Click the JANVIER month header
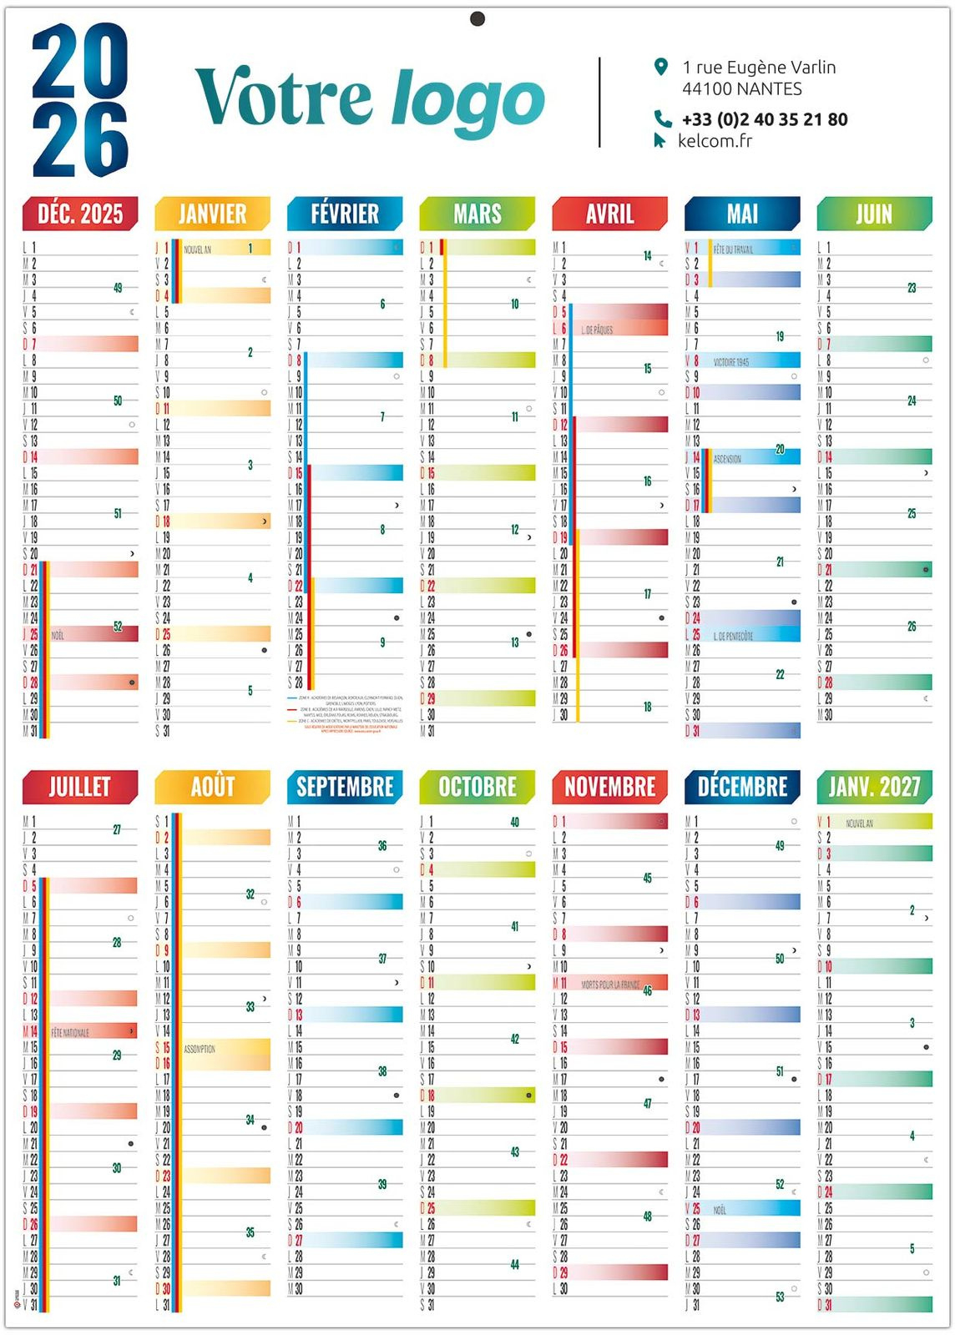point(212,214)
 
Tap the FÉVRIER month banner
point(345,214)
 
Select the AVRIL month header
point(609,214)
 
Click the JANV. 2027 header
point(874,787)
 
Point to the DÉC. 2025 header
point(80,214)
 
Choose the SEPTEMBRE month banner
point(345,787)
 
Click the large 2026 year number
point(80,100)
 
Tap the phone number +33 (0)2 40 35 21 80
point(765,119)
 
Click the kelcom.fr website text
point(715,141)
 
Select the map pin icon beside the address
point(661,67)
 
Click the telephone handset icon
point(662,118)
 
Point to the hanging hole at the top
point(477,18)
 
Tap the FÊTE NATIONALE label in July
point(70,1033)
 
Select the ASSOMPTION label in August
point(200,1049)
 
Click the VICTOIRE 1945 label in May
point(730,362)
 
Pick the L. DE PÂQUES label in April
point(597,330)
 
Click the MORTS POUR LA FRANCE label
point(611,985)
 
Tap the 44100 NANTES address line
point(741,89)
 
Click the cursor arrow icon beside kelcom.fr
point(659,140)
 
